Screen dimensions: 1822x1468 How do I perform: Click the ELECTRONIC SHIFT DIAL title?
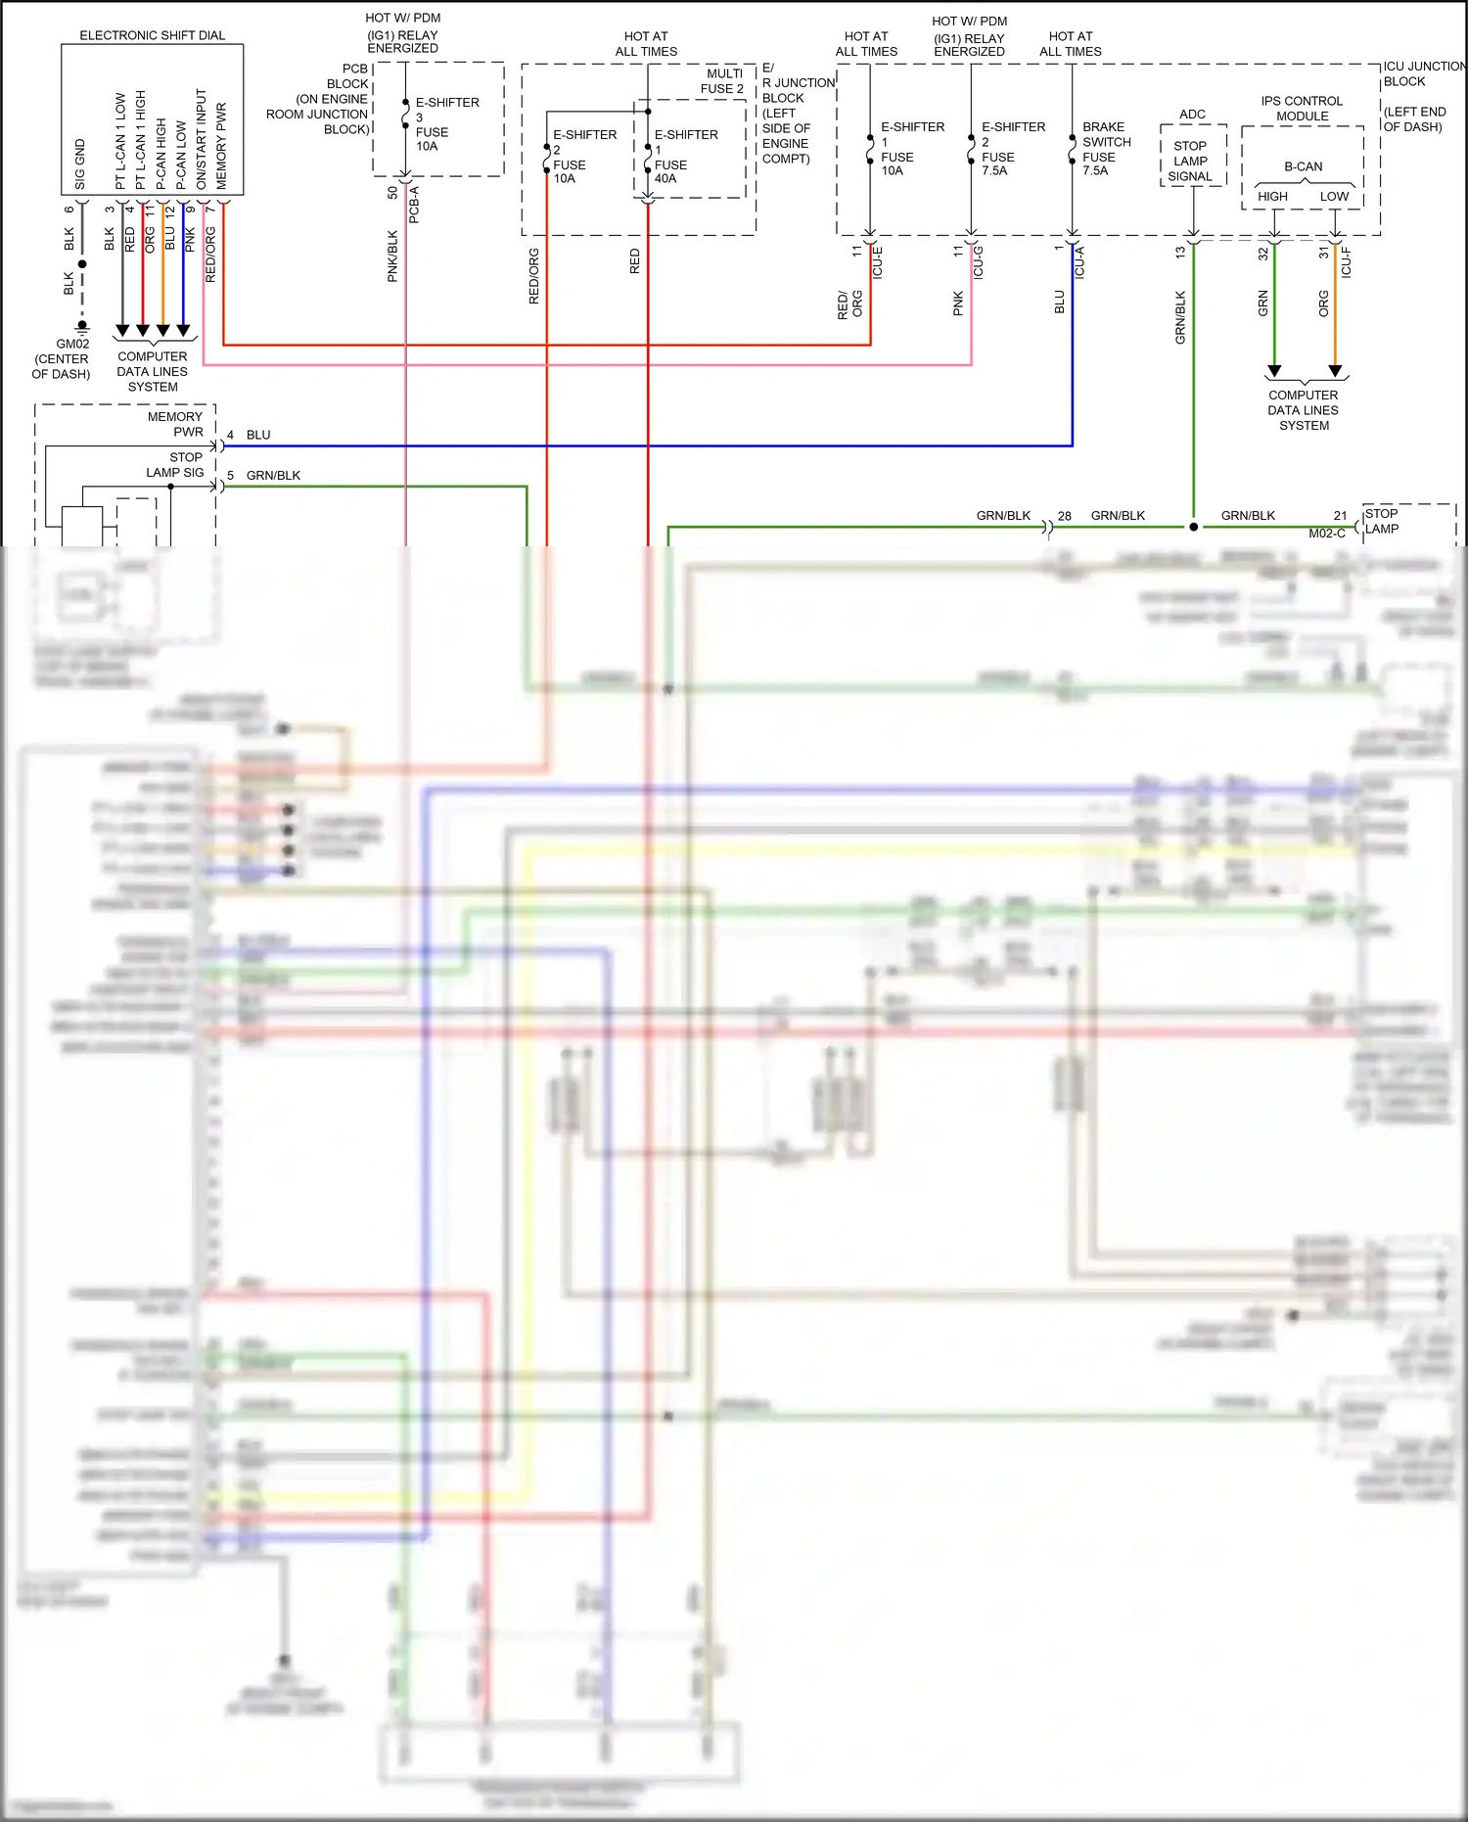tap(152, 35)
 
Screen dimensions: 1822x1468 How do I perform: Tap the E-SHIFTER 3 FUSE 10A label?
tap(445, 124)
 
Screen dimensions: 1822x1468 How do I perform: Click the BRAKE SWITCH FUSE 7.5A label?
tap(1106, 149)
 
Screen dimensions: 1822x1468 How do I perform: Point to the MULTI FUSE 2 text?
tap(723, 81)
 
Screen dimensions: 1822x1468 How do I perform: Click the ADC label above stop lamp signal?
tap(1192, 115)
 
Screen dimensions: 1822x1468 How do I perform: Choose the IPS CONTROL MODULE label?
tap(1302, 109)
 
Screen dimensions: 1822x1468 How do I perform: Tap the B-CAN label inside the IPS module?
tap(1303, 166)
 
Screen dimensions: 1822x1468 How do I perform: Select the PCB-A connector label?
tap(414, 204)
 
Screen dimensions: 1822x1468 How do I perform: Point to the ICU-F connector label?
tap(1347, 262)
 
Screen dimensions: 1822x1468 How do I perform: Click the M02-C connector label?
tap(1327, 534)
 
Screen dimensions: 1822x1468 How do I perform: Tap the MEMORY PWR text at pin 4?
tap(176, 424)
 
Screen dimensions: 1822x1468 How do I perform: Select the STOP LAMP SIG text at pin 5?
tap(176, 465)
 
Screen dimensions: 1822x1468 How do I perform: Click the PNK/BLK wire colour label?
tap(392, 257)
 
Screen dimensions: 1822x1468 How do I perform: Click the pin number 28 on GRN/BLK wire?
tap(1065, 516)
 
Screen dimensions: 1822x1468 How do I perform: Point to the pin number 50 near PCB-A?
tap(392, 193)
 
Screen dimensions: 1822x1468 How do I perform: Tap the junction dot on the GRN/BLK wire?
tap(1193, 527)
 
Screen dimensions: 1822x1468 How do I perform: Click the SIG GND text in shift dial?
tap(80, 164)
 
